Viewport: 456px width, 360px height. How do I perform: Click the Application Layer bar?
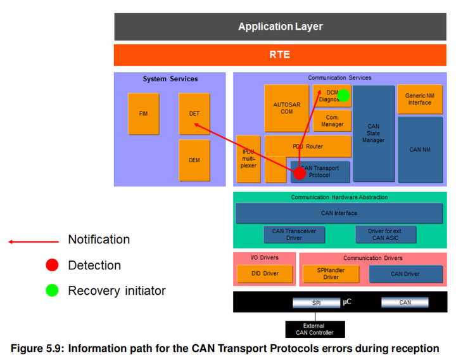pos(280,27)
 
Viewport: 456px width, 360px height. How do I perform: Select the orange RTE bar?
pos(280,55)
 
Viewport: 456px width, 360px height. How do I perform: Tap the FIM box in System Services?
pos(143,113)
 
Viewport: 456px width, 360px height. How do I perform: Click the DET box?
pos(194,113)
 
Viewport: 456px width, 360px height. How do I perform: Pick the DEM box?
pos(194,160)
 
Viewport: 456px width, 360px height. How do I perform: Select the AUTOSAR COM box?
pos(286,108)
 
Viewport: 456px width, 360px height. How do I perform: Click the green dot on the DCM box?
pos(343,96)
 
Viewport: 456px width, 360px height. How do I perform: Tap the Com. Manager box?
pos(332,120)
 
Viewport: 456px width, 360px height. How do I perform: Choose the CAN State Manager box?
pos(374,134)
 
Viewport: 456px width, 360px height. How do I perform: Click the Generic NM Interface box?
pos(419,99)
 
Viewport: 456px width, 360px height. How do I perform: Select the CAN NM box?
pos(419,150)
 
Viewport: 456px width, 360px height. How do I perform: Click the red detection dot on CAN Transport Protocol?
pos(300,172)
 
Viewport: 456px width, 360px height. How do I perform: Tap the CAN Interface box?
pos(339,213)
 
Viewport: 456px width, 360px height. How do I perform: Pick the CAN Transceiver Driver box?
pos(294,235)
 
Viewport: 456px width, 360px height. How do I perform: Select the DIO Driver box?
pos(265,274)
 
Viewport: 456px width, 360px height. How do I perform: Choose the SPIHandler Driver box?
pos(331,274)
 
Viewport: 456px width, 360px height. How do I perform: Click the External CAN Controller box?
pos(313,328)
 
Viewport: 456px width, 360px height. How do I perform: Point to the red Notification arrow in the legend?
pos(32,241)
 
